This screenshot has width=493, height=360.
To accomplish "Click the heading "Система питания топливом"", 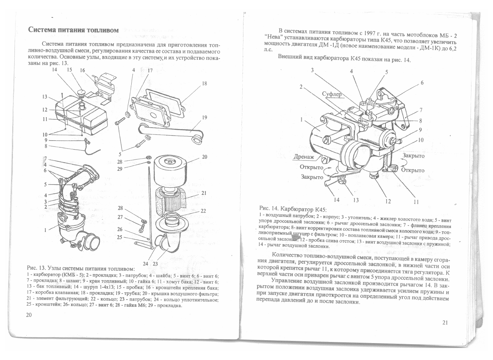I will [x=73, y=30].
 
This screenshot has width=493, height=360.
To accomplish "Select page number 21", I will [x=444, y=323].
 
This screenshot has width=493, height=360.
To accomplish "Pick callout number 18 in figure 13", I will [x=204, y=83].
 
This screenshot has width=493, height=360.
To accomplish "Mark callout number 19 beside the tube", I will [x=204, y=117].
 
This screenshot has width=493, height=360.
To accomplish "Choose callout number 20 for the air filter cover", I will [x=204, y=157].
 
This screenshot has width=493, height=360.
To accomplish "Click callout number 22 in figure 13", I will [x=203, y=211].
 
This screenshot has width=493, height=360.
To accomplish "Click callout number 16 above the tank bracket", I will [x=82, y=70].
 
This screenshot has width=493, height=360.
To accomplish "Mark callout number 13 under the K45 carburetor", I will [x=356, y=200].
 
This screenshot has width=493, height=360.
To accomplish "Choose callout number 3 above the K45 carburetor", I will [x=312, y=70].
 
